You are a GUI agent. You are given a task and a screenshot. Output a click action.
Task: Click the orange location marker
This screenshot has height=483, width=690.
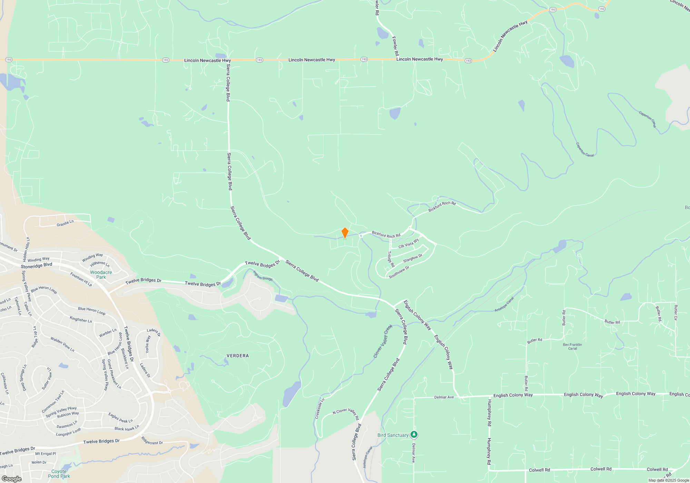coord(345,233)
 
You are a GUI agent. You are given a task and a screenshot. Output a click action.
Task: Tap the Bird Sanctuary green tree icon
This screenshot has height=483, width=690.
coord(414,435)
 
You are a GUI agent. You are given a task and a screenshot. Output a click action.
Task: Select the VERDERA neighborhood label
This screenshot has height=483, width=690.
coord(238,356)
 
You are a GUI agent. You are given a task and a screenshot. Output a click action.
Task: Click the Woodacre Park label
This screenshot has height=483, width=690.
coord(101,275)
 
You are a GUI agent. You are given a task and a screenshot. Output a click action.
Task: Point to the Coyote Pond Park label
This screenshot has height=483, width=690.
coord(59,474)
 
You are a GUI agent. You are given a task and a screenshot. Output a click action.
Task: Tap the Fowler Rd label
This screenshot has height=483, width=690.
coord(395,46)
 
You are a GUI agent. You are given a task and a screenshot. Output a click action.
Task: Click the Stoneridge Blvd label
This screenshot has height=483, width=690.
coord(36,266)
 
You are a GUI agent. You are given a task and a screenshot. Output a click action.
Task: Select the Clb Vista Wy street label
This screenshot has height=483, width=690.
coord(408,244)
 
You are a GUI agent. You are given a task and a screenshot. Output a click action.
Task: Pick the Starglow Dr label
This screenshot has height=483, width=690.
coord(413,258)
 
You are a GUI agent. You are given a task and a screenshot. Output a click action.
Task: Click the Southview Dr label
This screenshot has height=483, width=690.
coord(399,272)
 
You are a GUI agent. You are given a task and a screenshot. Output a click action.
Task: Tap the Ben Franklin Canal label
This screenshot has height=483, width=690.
coord(572,346)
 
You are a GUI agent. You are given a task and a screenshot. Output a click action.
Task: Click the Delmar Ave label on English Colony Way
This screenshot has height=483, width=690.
coord(444,397)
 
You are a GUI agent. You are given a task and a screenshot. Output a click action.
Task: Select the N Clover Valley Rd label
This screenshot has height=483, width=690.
coord(346,413)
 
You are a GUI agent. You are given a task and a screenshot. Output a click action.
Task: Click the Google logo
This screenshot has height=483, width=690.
coord(12,479)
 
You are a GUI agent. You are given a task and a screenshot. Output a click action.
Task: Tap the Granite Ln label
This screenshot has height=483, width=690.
coord(65,224)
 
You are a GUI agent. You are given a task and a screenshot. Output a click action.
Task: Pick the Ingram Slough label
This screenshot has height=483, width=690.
coord(263,276)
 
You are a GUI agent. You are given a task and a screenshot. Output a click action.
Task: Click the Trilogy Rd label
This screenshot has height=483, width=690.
coord(391,259)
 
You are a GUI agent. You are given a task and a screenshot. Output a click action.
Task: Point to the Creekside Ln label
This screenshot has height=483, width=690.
coord(319,409)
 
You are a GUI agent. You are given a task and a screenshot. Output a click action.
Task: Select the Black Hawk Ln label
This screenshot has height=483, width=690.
coord(127,428)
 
